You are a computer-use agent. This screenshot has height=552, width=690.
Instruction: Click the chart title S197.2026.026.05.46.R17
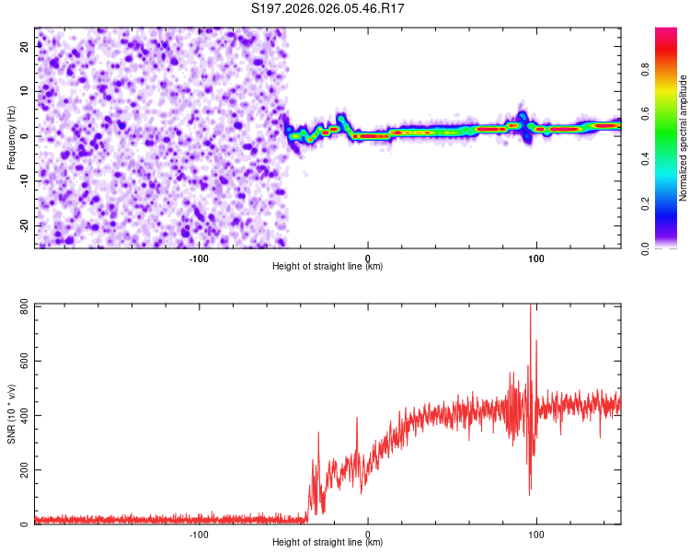tap(328, 8)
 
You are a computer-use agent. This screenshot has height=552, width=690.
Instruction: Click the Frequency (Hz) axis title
tap(11, 137)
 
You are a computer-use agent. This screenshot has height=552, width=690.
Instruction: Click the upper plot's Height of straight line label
tap(328, 266)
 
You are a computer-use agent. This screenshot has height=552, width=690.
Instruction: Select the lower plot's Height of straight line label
tap(328, 543)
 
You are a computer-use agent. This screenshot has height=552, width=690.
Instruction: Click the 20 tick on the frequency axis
tap(24, 46)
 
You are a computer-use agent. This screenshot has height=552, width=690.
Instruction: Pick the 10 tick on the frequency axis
tap(24, 91)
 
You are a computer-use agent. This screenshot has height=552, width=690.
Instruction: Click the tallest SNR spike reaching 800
tap(531, 308)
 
